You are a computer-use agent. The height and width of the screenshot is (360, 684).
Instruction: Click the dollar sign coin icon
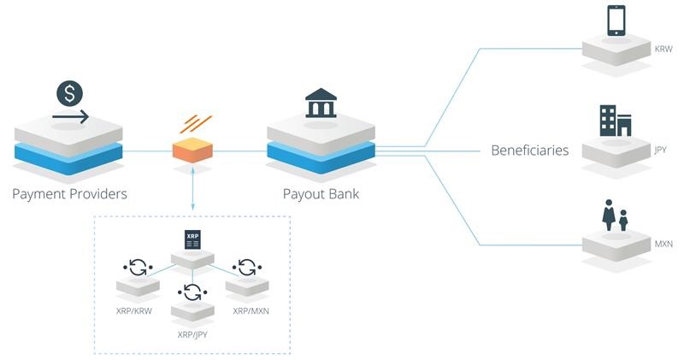tap(69, 91)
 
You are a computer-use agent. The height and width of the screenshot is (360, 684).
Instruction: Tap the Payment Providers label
tap(69, 194)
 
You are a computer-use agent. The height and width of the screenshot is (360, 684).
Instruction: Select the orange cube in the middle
tap(192, 151)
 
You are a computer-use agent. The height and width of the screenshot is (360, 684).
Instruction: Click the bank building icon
tap(320, 102)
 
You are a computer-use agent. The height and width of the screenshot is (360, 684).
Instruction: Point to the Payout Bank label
tap(321, 194)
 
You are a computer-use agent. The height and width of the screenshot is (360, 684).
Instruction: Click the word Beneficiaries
tap(529, 150)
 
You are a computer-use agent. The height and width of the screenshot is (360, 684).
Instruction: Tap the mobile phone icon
tap(616, 21)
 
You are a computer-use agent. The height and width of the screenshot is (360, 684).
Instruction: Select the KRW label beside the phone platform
tap(663, 50)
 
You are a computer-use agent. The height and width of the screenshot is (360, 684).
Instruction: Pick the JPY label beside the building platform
tap(660, 150)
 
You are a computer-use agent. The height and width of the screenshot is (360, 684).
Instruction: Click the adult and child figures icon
tap(615, 215)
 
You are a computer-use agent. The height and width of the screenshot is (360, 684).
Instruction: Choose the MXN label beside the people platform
tap(663, 245)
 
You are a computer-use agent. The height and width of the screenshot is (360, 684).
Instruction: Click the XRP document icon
tap(192, 239)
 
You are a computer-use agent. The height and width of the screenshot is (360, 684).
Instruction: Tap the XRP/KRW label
tap(133, 310)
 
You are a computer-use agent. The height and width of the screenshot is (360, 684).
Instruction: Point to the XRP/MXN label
tap(251, 310)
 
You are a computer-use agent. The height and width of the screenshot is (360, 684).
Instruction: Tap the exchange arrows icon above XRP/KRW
tap(138, 267)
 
